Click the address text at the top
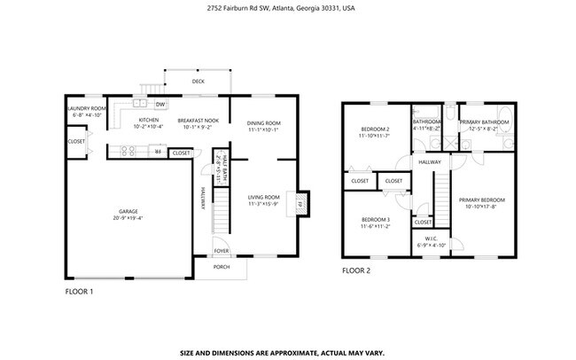coord(287,8)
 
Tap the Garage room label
coord(128,211)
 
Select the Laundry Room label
coord(86,108)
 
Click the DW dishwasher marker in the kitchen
coord(160,104)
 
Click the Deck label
coord(198,82)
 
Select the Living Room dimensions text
coord(263,204)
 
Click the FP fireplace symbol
coord(300,203)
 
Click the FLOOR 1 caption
coord(79,290)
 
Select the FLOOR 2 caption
coord(355,270)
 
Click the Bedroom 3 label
coord(375,219)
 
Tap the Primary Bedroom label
coord(481,200)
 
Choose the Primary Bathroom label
coord(484,121)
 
